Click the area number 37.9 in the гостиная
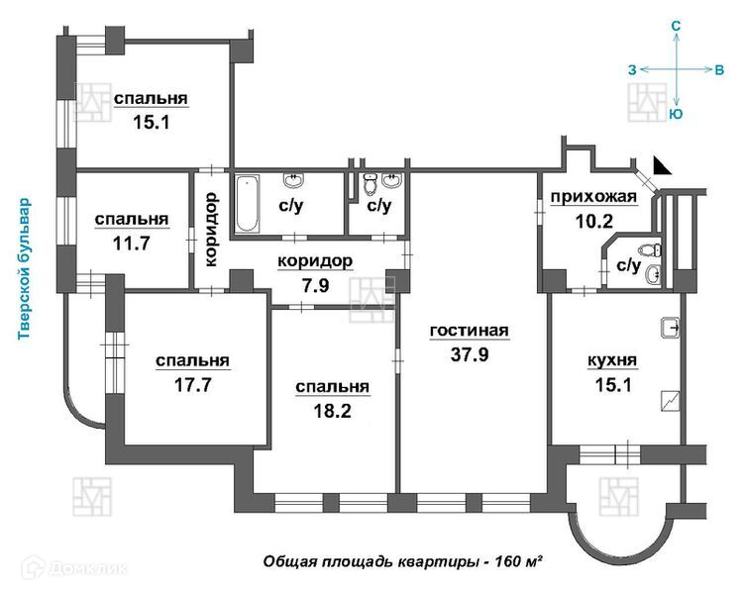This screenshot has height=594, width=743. tap(470, 354)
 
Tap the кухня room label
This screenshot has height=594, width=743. tap(612, 360)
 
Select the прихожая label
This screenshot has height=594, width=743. tap(593, 197)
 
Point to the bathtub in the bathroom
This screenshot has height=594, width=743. tap(247, 204)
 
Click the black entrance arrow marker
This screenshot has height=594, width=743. tap(662, 165)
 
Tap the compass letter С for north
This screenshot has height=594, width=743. tap(677, 26)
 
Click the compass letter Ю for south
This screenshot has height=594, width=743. tap(677, 114)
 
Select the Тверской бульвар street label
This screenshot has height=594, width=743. tap(24, 269)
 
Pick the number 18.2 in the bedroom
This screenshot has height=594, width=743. tap(332, 411)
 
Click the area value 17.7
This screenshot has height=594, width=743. tap(193, 385)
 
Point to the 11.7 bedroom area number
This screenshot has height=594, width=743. tap(131, 244)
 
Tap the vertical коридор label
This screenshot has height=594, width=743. tap(211, 230)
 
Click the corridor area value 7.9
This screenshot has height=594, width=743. tap(315, 286)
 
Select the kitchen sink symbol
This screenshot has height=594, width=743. tap(670, 328)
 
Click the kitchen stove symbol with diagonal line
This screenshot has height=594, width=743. tap(670, 401)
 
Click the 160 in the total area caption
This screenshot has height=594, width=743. tap(507, 562)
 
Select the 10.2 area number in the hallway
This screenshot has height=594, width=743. tap(593, 221)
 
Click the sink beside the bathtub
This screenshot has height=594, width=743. tap(294, 181)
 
